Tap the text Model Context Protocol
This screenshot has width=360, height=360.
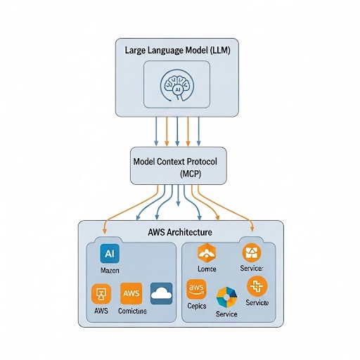tap(175, 161)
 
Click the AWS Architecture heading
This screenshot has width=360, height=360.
tap(181, 231)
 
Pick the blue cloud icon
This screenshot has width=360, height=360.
tap(162, 293)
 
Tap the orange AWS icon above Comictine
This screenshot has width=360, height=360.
tap(131, 293)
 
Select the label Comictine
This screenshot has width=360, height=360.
tap(132, 311)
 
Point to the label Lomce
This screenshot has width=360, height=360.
tap(208, 269)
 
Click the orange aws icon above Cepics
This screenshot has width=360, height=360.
tap(196, 289)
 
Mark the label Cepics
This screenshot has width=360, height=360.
tap(198, 307)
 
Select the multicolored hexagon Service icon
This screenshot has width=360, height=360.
tap(226, 296)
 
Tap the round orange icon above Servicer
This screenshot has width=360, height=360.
tap(251, 252)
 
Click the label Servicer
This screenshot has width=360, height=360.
tap(252, 269)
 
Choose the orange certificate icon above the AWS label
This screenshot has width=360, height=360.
tap(101, 294)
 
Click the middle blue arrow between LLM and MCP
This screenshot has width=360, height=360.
tap(177, 131)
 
